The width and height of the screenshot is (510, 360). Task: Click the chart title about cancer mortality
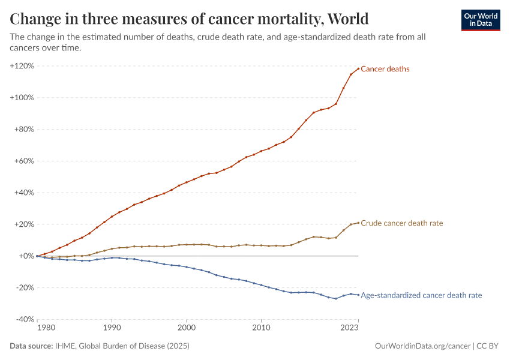pyautogui.click(x=189, y=19)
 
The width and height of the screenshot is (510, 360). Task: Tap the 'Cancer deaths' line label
pyautogui.click(x=385, y=69)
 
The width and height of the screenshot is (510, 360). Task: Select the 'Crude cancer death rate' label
pyautogui.click(x=401, y=223)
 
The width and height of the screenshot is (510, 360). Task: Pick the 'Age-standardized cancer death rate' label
pyautogui.click(x=421, y=295)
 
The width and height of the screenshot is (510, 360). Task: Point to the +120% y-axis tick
pyautogui.click(x=22, y=65)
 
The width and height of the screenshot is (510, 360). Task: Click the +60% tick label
pyautogui.click(x=23, y=161)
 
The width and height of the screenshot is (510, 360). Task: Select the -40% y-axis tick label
pyautogui.click(x=24, y=319)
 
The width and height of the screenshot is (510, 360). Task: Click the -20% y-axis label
pyautogui.click(x=24, y=287)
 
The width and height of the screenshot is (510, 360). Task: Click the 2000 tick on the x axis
pyautogui.click(x=187, y=328)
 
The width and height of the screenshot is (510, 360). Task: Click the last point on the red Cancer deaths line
pyautogui.click(x=358, y=68)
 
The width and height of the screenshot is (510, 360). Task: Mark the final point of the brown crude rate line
pyautogui.click(x=358, y=223)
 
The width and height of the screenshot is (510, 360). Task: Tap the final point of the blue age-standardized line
pyautogui.click(x=358, y=295)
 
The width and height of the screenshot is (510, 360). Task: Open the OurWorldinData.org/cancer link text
pyautogui.click(x=422, y=346)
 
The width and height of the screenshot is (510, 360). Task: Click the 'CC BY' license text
pyautogui.click(x=488, y=346)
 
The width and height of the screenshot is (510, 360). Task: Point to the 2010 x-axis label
pyautogui.click(x=261, y=328)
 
